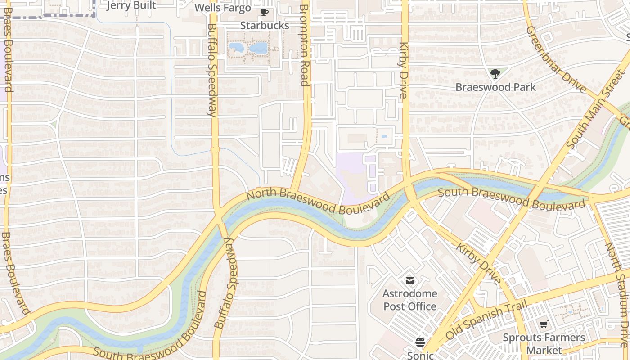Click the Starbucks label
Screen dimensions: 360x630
coord(264,26)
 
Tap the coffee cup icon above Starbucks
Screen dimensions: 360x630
coord(264,13)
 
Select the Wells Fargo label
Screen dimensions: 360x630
coord(222,8)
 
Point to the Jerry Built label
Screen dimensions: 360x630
coord(131,5)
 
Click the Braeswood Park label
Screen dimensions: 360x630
coord(495,87)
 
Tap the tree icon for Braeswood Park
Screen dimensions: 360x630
coord(495,74)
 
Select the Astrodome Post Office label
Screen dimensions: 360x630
coord(409,300)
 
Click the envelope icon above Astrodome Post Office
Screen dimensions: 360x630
coord(409,281)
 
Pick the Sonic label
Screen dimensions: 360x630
coord(420,355)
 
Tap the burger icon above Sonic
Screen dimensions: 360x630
coord(420,343)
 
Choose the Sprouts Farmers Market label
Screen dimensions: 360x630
coord(544,344)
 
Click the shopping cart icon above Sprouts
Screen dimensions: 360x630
coord(544,324)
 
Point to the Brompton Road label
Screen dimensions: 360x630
coord(305,45)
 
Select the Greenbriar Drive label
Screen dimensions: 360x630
coord(556,59)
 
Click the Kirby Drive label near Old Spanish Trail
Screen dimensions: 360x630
coord(478,264)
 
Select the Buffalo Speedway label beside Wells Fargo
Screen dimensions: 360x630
coord(212,70)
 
